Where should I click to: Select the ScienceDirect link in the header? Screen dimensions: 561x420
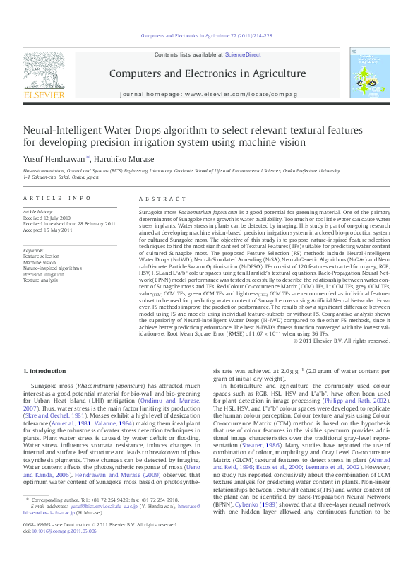pyautogui.click(x=243, y=55)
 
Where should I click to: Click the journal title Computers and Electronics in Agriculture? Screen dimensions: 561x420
pyautogui.click(x=207, y=73)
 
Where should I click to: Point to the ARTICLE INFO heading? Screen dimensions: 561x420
pyautogui.click(x=56, y=199)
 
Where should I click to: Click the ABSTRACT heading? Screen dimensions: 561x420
pyautogui.click(x=157, y=199)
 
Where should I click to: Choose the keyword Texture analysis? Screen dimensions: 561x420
pyautogui.click(x=41, y=280)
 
